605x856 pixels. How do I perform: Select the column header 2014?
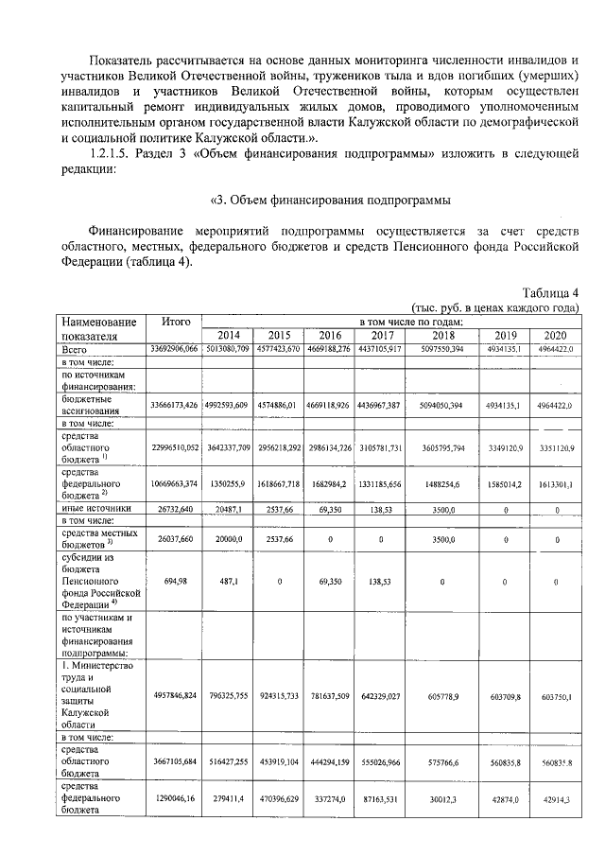(x=228, y=335)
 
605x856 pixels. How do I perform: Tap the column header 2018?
(x=441, y=335)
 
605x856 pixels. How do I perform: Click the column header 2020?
(x=556, y=335)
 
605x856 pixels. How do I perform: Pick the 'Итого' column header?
(x=177, y=322)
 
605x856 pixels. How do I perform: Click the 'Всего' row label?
(x=75, y=349)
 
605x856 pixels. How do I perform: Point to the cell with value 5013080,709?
(x=228, y=349)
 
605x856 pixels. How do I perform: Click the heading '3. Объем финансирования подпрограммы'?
(x=328, y=200)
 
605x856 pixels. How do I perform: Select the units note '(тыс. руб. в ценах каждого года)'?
(x=494, y=308)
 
